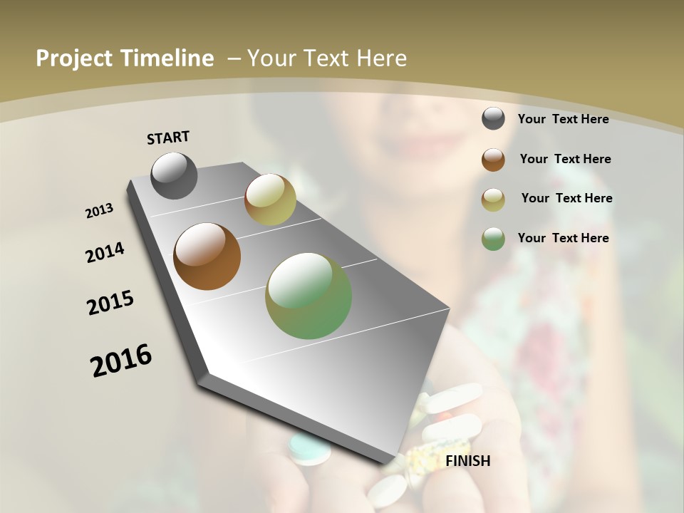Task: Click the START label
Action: pyautogui.click(x=168, y=138)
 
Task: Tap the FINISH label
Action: pyautogui.click(x=467, y=461)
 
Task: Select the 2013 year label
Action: pyautogui.click(x=100, y=211)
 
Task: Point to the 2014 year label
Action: pyautogui.click(x=105, y=252)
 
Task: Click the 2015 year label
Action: pyautogui.click(x=110, y=303)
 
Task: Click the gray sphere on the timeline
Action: pyautogui.click(x=175, y=176)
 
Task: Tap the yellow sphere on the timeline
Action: pyautogui.click(x=270, y=199)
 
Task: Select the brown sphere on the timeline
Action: pyautogui.click(x=207, y=256)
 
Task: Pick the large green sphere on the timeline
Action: pyautogui.click(x=309, y=296)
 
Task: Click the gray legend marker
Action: pyautogui.click(x=493, y=119)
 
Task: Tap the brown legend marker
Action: pyautogui.click(x=493, y=160)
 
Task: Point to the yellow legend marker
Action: pyautogui.click(x=493, y=199)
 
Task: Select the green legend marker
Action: pyautogui.click(x=493, y=239)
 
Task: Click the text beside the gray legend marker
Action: pyautogui.click(x=563, y=119)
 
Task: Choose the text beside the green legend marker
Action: pyautogui.click(x=563, y=238)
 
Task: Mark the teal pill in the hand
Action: pyautogui.click(x=310, y=450)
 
